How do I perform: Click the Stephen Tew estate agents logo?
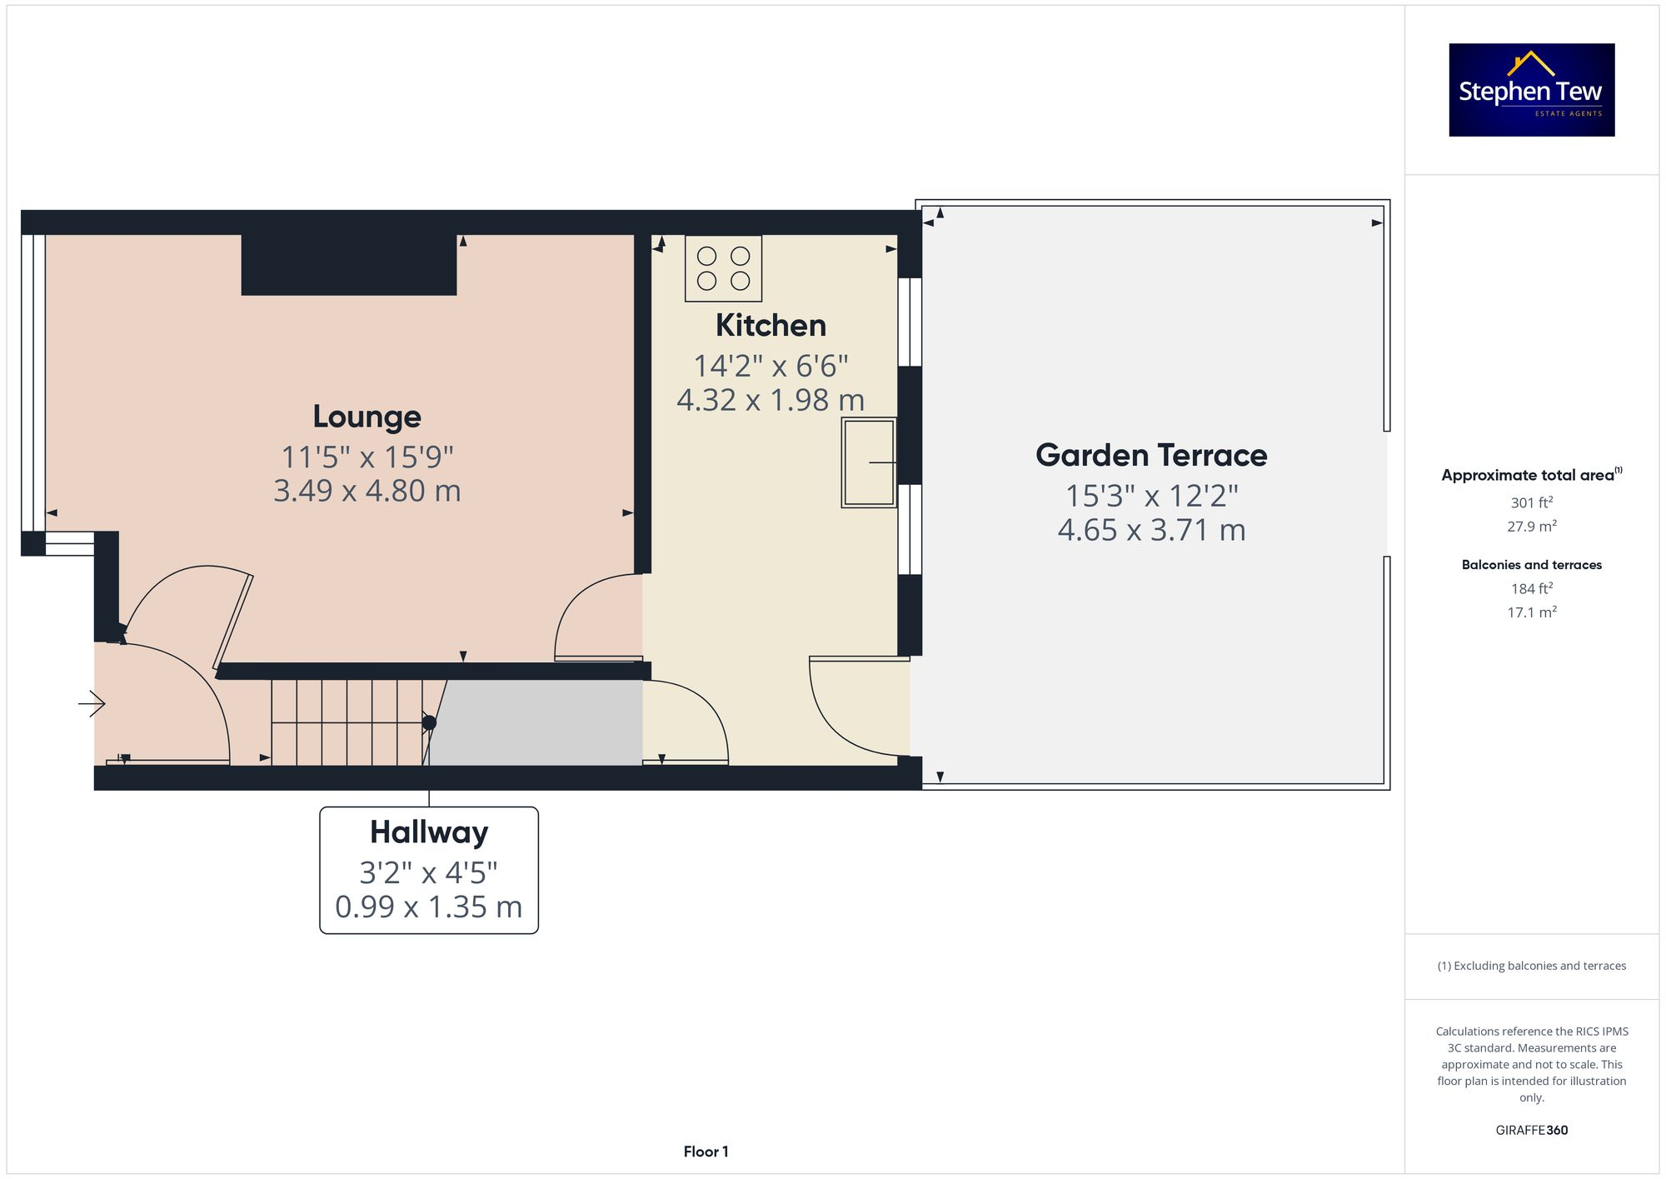1531,90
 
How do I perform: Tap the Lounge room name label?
367,417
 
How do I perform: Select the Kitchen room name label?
771,325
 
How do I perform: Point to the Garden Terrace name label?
1151,455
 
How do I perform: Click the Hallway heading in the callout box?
429,832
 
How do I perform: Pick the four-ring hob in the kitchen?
723,268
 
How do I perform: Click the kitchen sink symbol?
869,462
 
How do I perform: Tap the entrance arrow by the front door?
92,705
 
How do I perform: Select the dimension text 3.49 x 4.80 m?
367,491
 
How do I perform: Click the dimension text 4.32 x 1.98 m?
771,400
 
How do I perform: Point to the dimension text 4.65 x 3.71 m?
1151,530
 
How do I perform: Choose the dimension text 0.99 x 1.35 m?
429,907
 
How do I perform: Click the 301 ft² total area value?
1531,502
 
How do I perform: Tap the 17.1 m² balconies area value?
1531,612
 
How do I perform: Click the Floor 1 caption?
706,1152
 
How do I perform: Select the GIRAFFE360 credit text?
1531,1130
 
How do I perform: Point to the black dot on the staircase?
429,723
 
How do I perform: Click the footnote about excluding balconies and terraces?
1531,966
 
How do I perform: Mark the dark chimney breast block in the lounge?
349,265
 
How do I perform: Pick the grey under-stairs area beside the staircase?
537,723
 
